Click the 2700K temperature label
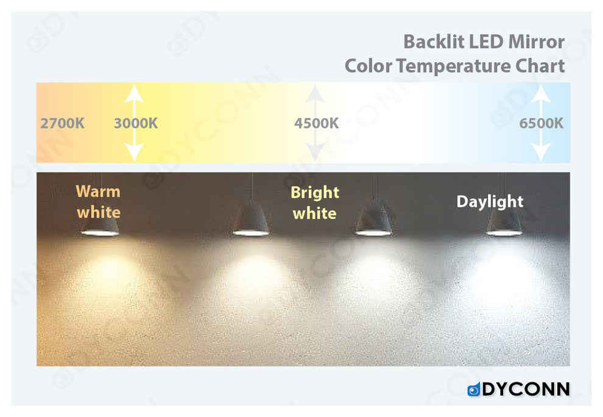coord(62,124)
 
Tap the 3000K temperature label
coord(136,124)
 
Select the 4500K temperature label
coord(317,124)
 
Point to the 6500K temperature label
coord(541,124)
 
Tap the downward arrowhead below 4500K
coord(316,152)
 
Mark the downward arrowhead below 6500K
coord(541,152)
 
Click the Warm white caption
coord(99,202)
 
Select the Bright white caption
coord(315,203)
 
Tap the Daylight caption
coord(490,202)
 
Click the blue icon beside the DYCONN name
coord(474,390)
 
